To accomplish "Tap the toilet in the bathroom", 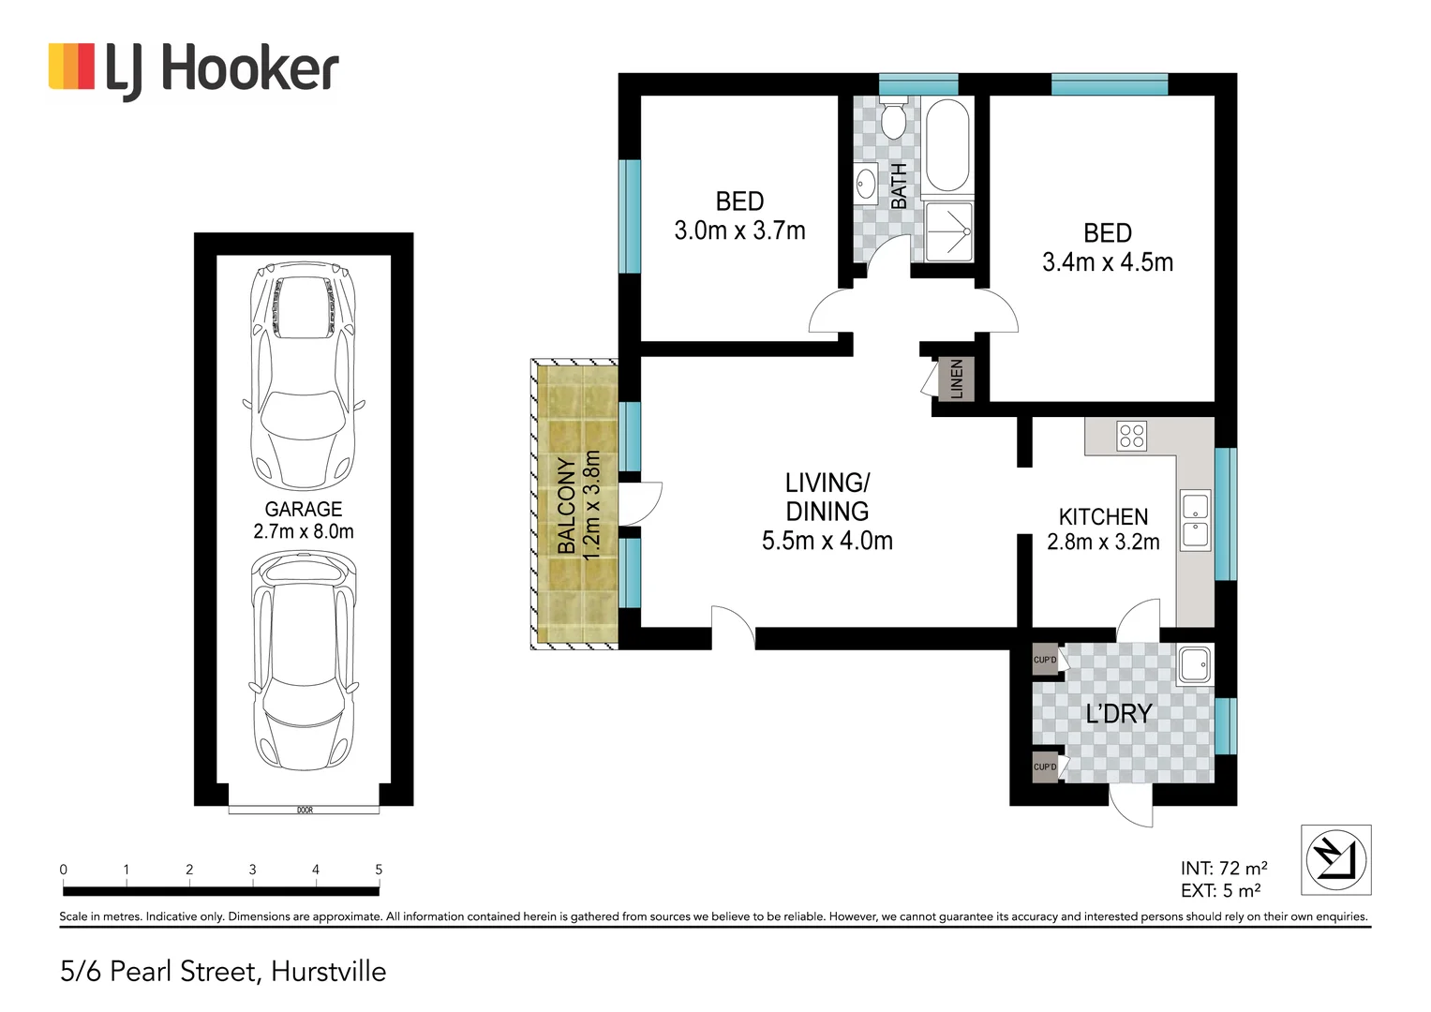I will tap(894, 119).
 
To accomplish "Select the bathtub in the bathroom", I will tap(947, 145).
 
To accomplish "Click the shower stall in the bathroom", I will tap(948, 231).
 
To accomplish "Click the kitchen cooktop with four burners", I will tap(1131, 436).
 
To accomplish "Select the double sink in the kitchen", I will tap(1195, 520).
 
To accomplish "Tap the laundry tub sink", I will tap(1194, 664).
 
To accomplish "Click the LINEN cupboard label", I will tap(957, 379).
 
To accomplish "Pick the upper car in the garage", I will tap(304, 375).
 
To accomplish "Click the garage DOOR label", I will tap(305, 810).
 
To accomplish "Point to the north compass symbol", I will tap(1335, 859).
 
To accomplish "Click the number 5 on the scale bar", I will tap(379, 870).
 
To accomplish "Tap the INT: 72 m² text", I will tap(1224, 869).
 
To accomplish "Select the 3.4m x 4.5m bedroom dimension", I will tap(1108, 262).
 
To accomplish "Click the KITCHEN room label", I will tap(1103, 517).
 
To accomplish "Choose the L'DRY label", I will tap(1118, 714).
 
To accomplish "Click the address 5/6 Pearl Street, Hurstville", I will tap(223, 972).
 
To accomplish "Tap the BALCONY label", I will tap(566, 506).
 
